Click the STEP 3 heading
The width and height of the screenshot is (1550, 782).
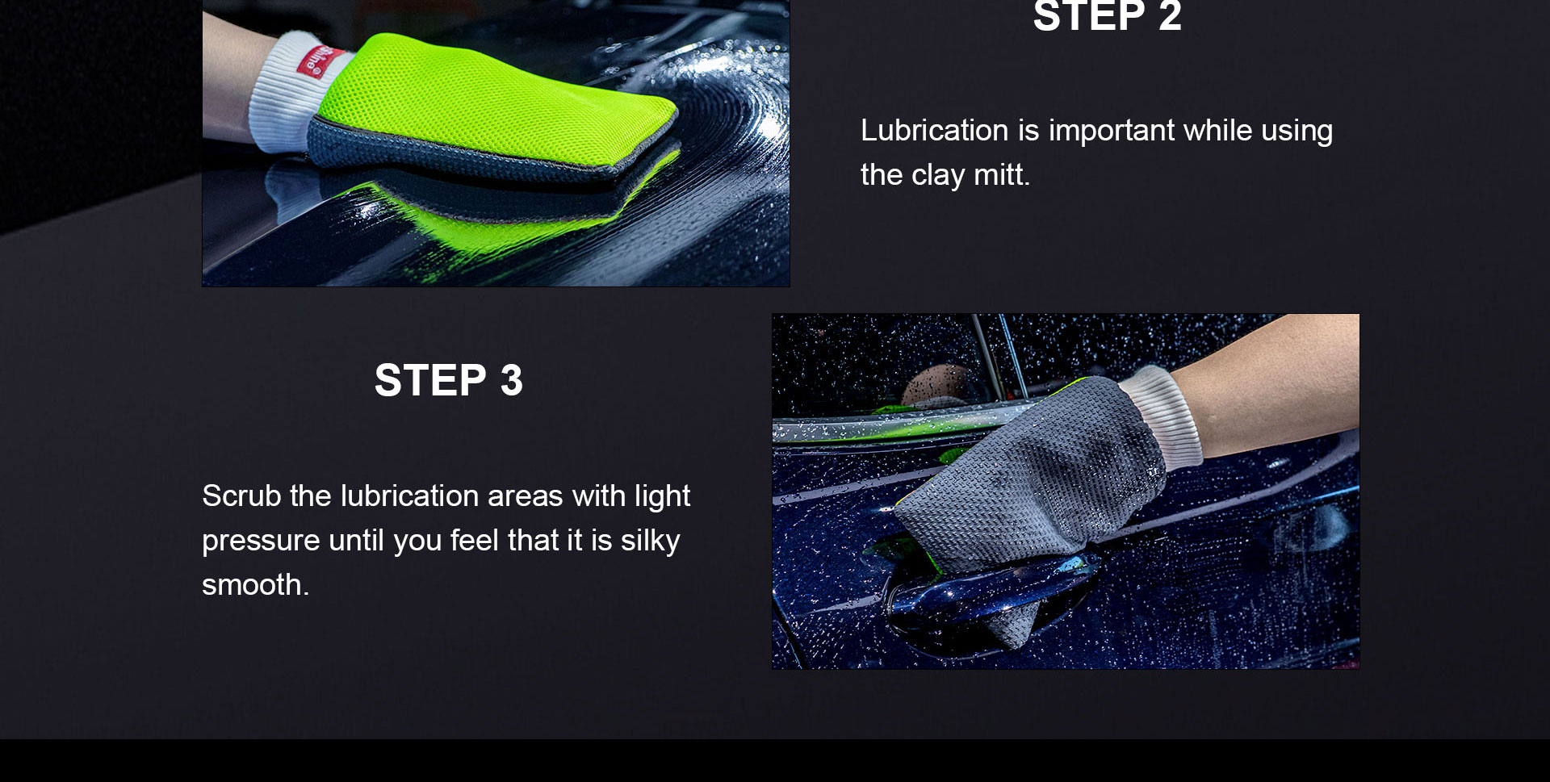pos(449,380)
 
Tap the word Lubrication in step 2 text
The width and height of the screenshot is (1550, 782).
pos(935,131)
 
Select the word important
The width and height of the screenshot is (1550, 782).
pos(1112,131)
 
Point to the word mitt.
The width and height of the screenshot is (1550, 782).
pos(1002,175)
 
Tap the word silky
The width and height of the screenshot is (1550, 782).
pos(650,541)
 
